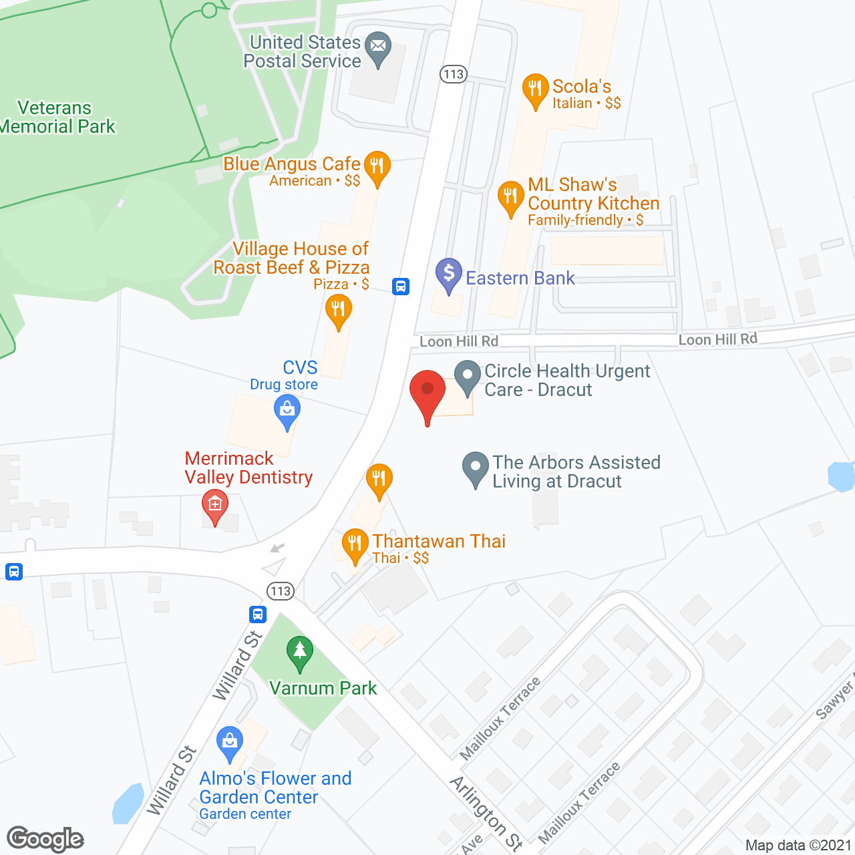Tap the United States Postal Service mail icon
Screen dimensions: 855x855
pyautogui.click(x=379, y=47)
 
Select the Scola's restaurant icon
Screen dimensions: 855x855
pyautogui.click(x=535, y=90)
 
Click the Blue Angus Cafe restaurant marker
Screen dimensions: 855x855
pyautogui.click(x=377, y=167)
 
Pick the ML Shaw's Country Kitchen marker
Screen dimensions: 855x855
pyautogui.click(x=511, y=197)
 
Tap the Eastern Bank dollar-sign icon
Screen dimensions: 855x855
pyautogui.click(x=449, y=274)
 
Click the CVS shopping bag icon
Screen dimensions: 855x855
pyautogui.click(x=287, y=410)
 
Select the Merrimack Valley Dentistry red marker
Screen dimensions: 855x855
pyautogui.click(x=215, y=506)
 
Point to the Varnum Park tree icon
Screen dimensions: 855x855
pyautogui.click(x=300, y=652)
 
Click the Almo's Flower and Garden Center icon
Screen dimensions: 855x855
pyautogui.click(x=230, y=742)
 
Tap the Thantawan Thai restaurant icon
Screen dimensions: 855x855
pyautogui.click(x=355, y=544)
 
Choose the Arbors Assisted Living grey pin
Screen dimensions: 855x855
pyautogui.click(x=476, y=468)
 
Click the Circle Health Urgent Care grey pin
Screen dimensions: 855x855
pyautogui.click(x=468, y=376)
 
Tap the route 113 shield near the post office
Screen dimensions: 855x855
pyautogui.click(x=453, y=74)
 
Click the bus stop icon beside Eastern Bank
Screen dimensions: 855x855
pyautogui.click(x=401, y=287)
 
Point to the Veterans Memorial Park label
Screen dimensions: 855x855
pyautogui.click(x=57, y=117)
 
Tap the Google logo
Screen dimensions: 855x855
pyautogui.click(x=45, y=839)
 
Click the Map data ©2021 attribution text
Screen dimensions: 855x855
pyautogui.click(x=798, y=846)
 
